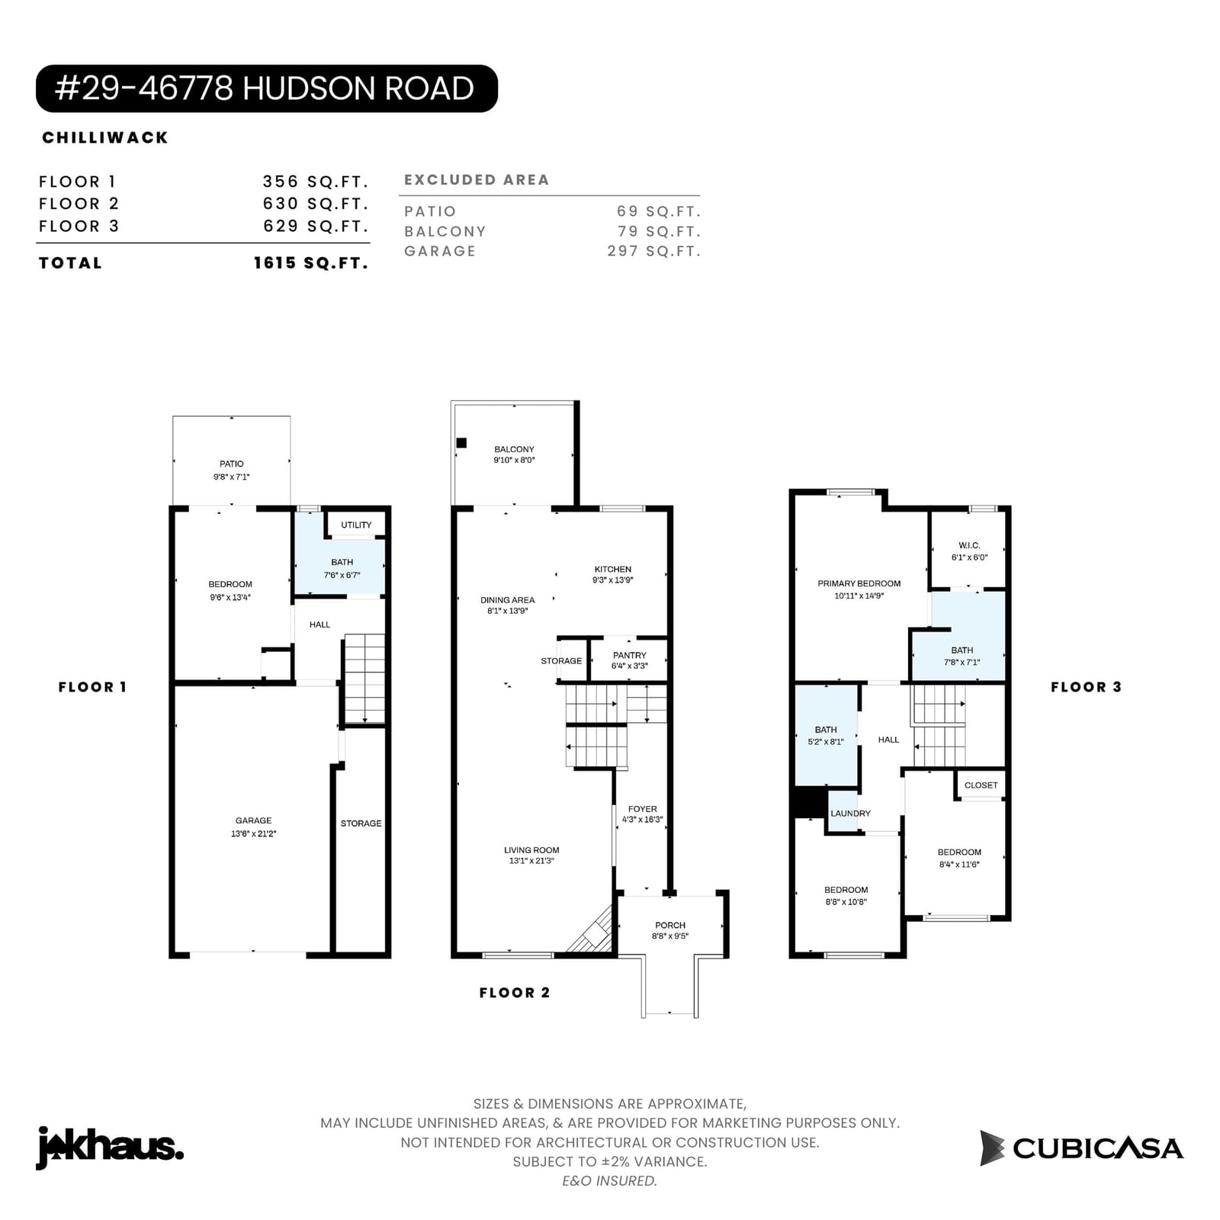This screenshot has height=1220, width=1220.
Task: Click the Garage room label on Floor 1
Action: [253, 820]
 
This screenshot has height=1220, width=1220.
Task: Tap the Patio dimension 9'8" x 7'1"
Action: [232, 477]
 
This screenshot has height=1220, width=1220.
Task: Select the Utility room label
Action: [356, 525]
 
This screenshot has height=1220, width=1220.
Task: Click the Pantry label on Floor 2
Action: [630, 655]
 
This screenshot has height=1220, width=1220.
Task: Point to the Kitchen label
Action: [613, 569]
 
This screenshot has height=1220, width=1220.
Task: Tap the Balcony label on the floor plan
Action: [514, 449]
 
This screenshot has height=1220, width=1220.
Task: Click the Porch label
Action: [670, 925]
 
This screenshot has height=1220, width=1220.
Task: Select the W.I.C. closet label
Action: [969, 545]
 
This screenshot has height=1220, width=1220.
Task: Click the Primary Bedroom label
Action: [859, 583]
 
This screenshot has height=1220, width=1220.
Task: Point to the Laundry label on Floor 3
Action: [850, 813]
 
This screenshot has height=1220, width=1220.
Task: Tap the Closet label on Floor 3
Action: [981, 785]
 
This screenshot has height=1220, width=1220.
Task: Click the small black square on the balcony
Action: [461, 443]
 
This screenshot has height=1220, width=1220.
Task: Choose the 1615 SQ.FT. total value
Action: [311, 263]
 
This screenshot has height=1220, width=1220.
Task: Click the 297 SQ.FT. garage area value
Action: [654, 251]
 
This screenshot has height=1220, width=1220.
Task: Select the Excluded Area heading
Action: [477, 180]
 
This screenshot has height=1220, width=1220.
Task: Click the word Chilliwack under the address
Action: [105, 137]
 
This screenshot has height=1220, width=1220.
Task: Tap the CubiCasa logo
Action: [1081, 1148]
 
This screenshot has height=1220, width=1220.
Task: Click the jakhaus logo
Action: [110, 1147]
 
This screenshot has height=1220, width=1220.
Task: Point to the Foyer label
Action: [642, 809]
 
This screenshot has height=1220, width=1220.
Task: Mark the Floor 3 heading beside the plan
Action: [1087, 687]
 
